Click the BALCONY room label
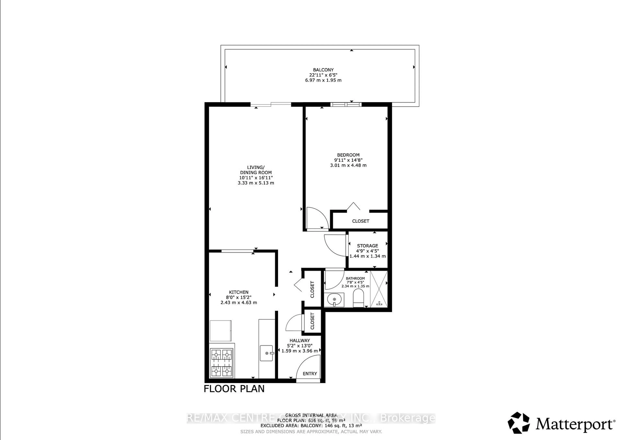323,70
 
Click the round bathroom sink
335,300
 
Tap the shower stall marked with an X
379,289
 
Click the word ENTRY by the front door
310,374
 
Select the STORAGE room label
367,246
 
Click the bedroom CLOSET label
361,221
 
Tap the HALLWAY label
300,341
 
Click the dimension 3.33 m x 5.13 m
256,183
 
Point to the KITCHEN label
239,292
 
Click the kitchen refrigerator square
220,330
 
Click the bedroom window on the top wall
346,104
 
